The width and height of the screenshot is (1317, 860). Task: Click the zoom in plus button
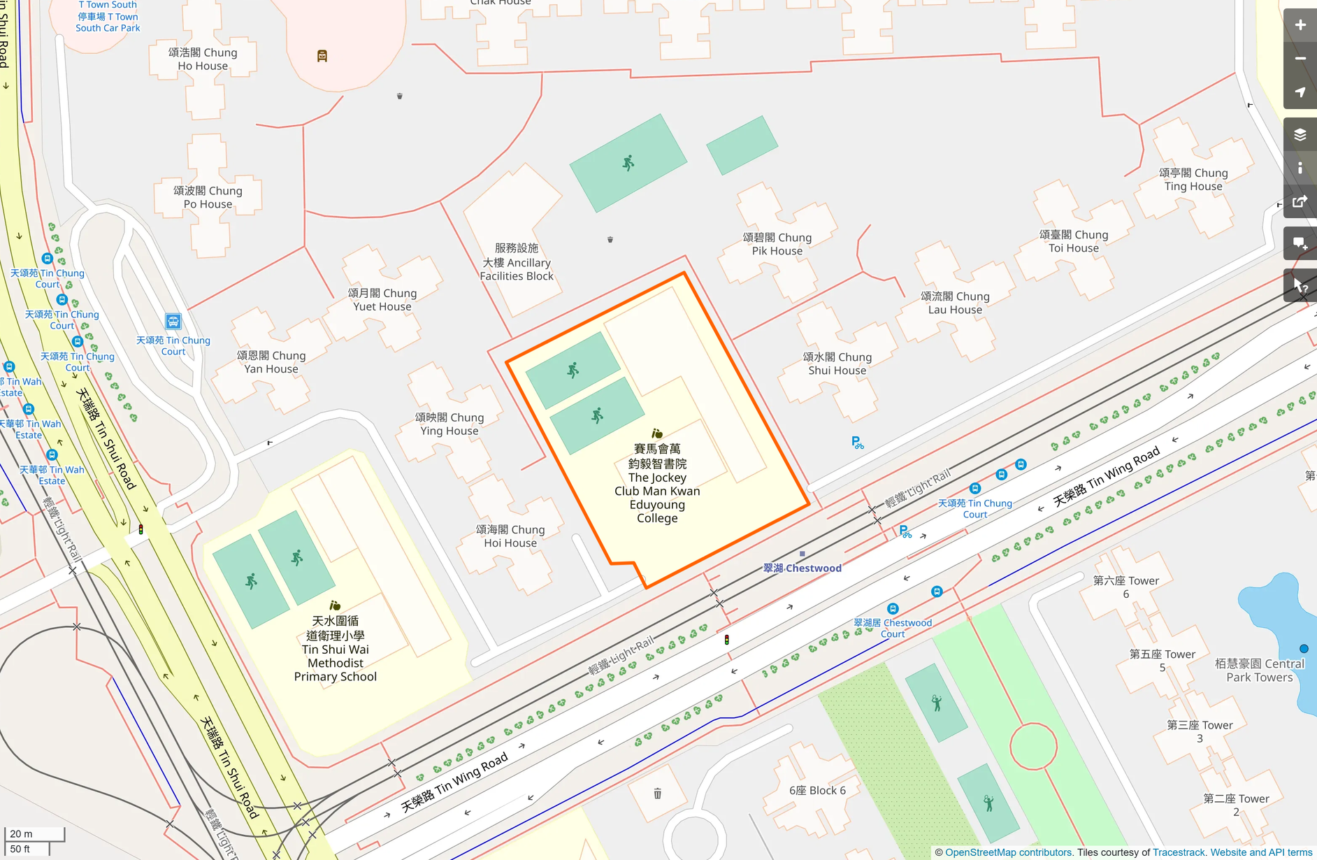pos(1300,25)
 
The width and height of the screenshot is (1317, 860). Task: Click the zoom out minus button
pos(1300,59)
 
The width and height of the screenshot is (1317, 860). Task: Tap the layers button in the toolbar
pos(1300,134)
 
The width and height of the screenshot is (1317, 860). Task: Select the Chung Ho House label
pos(203,59)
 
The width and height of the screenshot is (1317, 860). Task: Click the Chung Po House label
pos(208,197)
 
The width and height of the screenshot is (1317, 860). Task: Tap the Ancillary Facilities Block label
pos(517,262)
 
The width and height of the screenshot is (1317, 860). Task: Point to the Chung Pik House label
pos(777,244)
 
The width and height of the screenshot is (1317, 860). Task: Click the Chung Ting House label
pos(1193,180)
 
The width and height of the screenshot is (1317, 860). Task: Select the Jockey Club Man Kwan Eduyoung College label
pos(656,484)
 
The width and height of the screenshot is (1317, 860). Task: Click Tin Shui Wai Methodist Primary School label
pos(335,649)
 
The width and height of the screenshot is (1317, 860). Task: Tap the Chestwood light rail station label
pos(803,568)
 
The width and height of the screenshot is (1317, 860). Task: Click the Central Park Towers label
pos(1259,670)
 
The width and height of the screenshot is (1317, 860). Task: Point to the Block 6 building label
pos(817,790)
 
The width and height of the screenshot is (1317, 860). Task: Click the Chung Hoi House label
pos(510,536)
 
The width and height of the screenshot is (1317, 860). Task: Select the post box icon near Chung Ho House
pos(322,56)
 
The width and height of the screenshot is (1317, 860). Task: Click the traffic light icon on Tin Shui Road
pos(141,529)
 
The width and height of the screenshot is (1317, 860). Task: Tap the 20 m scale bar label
pos(21,833)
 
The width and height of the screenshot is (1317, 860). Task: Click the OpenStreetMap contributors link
pos(1008,852)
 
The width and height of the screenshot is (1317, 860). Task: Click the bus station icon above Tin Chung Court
pos(173,322)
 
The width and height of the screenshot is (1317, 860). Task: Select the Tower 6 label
pos(1125,587)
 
